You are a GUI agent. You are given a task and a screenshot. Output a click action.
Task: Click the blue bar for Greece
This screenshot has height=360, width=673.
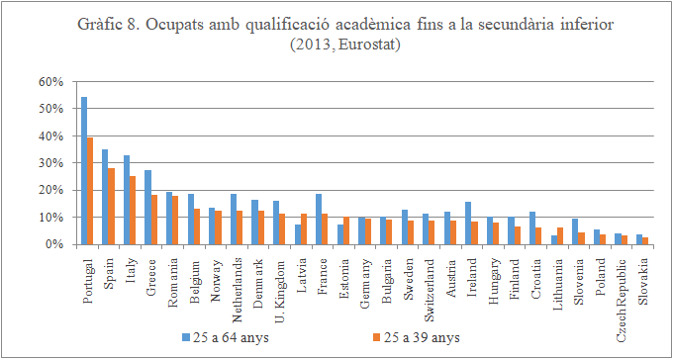[x=148, y=207]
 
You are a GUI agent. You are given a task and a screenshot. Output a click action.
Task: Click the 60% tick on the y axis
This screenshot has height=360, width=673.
[x=50, y=81]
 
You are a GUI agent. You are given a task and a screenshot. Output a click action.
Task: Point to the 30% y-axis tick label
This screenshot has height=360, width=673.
[x=50, y=162]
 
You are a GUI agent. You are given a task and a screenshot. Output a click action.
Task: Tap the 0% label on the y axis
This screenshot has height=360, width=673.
[x=54, y=244]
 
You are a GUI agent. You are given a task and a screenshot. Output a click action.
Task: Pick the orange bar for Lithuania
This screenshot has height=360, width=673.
[x=562, y=235]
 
